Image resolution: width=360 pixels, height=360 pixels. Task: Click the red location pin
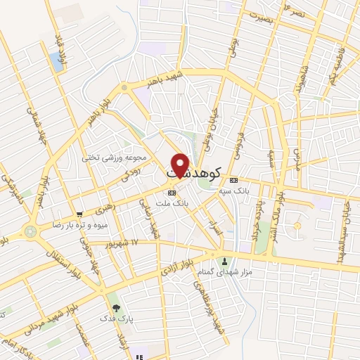[180, 165]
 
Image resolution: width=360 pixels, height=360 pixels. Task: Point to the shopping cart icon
[79, 214]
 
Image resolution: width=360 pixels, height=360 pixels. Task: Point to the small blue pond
[56, 61]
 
